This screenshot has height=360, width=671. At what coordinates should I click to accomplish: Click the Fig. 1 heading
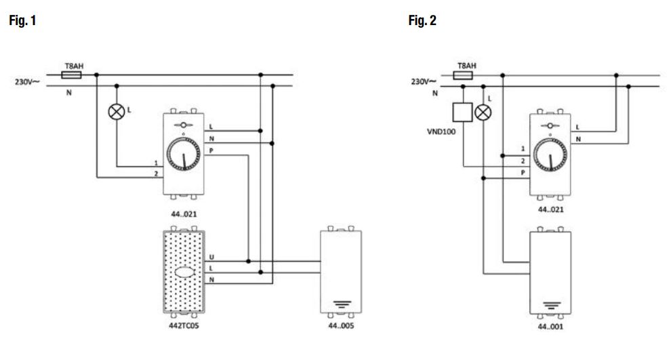[x=22, y=20]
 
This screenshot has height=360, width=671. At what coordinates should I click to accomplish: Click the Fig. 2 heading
[x=422, y=20]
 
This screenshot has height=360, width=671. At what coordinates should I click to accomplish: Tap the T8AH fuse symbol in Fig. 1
[x=71, y=75]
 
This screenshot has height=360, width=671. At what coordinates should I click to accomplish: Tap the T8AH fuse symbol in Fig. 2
[x=463, y=76]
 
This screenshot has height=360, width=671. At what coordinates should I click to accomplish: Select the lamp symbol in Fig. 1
[x=117, y=112]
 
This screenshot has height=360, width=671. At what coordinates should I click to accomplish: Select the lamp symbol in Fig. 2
[x=483, y=113]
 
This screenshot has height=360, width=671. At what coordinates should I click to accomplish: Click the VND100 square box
[x=463, y=112]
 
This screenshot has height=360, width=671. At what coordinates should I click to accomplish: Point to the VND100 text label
[x=441, y=132]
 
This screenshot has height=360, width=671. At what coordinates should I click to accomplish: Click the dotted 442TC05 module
[x=184, y=272]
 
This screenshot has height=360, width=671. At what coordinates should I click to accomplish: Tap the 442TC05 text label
[x=184, y=325]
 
